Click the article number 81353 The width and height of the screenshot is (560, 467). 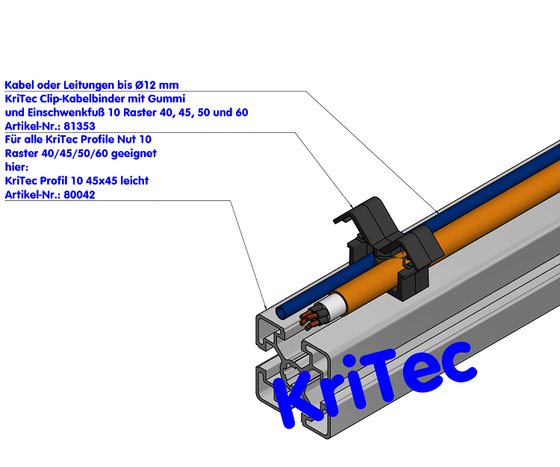click(x=79, y=126)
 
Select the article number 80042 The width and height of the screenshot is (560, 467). click(x=79, y=195)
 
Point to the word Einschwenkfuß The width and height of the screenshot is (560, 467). click(x=66, y=113)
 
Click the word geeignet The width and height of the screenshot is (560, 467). click(x=134, y=154)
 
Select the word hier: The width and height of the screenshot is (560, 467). click(x=16, y=167)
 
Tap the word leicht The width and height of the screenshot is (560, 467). click(x=134, y=181)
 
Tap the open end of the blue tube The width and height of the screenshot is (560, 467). click(x=281, y=313)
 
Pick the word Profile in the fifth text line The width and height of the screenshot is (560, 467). click(x=98, y=139)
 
